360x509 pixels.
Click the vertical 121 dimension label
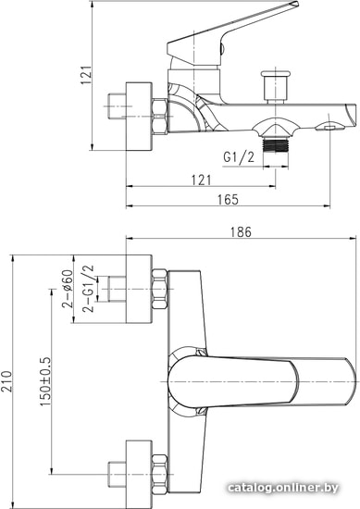click(x=86, y=75)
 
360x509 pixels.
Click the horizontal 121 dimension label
click(x=201, y=180)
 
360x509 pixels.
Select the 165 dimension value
click(x=228, y=199)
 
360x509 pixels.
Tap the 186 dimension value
click(x=241, y=232)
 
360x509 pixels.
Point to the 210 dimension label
click(x=6, y=381)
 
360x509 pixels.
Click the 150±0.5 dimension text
click(x=45, y=381)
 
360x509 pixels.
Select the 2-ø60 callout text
click(x=68, y=289)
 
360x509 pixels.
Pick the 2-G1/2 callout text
click(x=88, y=289)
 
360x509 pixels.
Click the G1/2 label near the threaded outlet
click(x=239, y=157)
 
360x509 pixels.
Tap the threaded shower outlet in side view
click(x=275, y=143)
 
